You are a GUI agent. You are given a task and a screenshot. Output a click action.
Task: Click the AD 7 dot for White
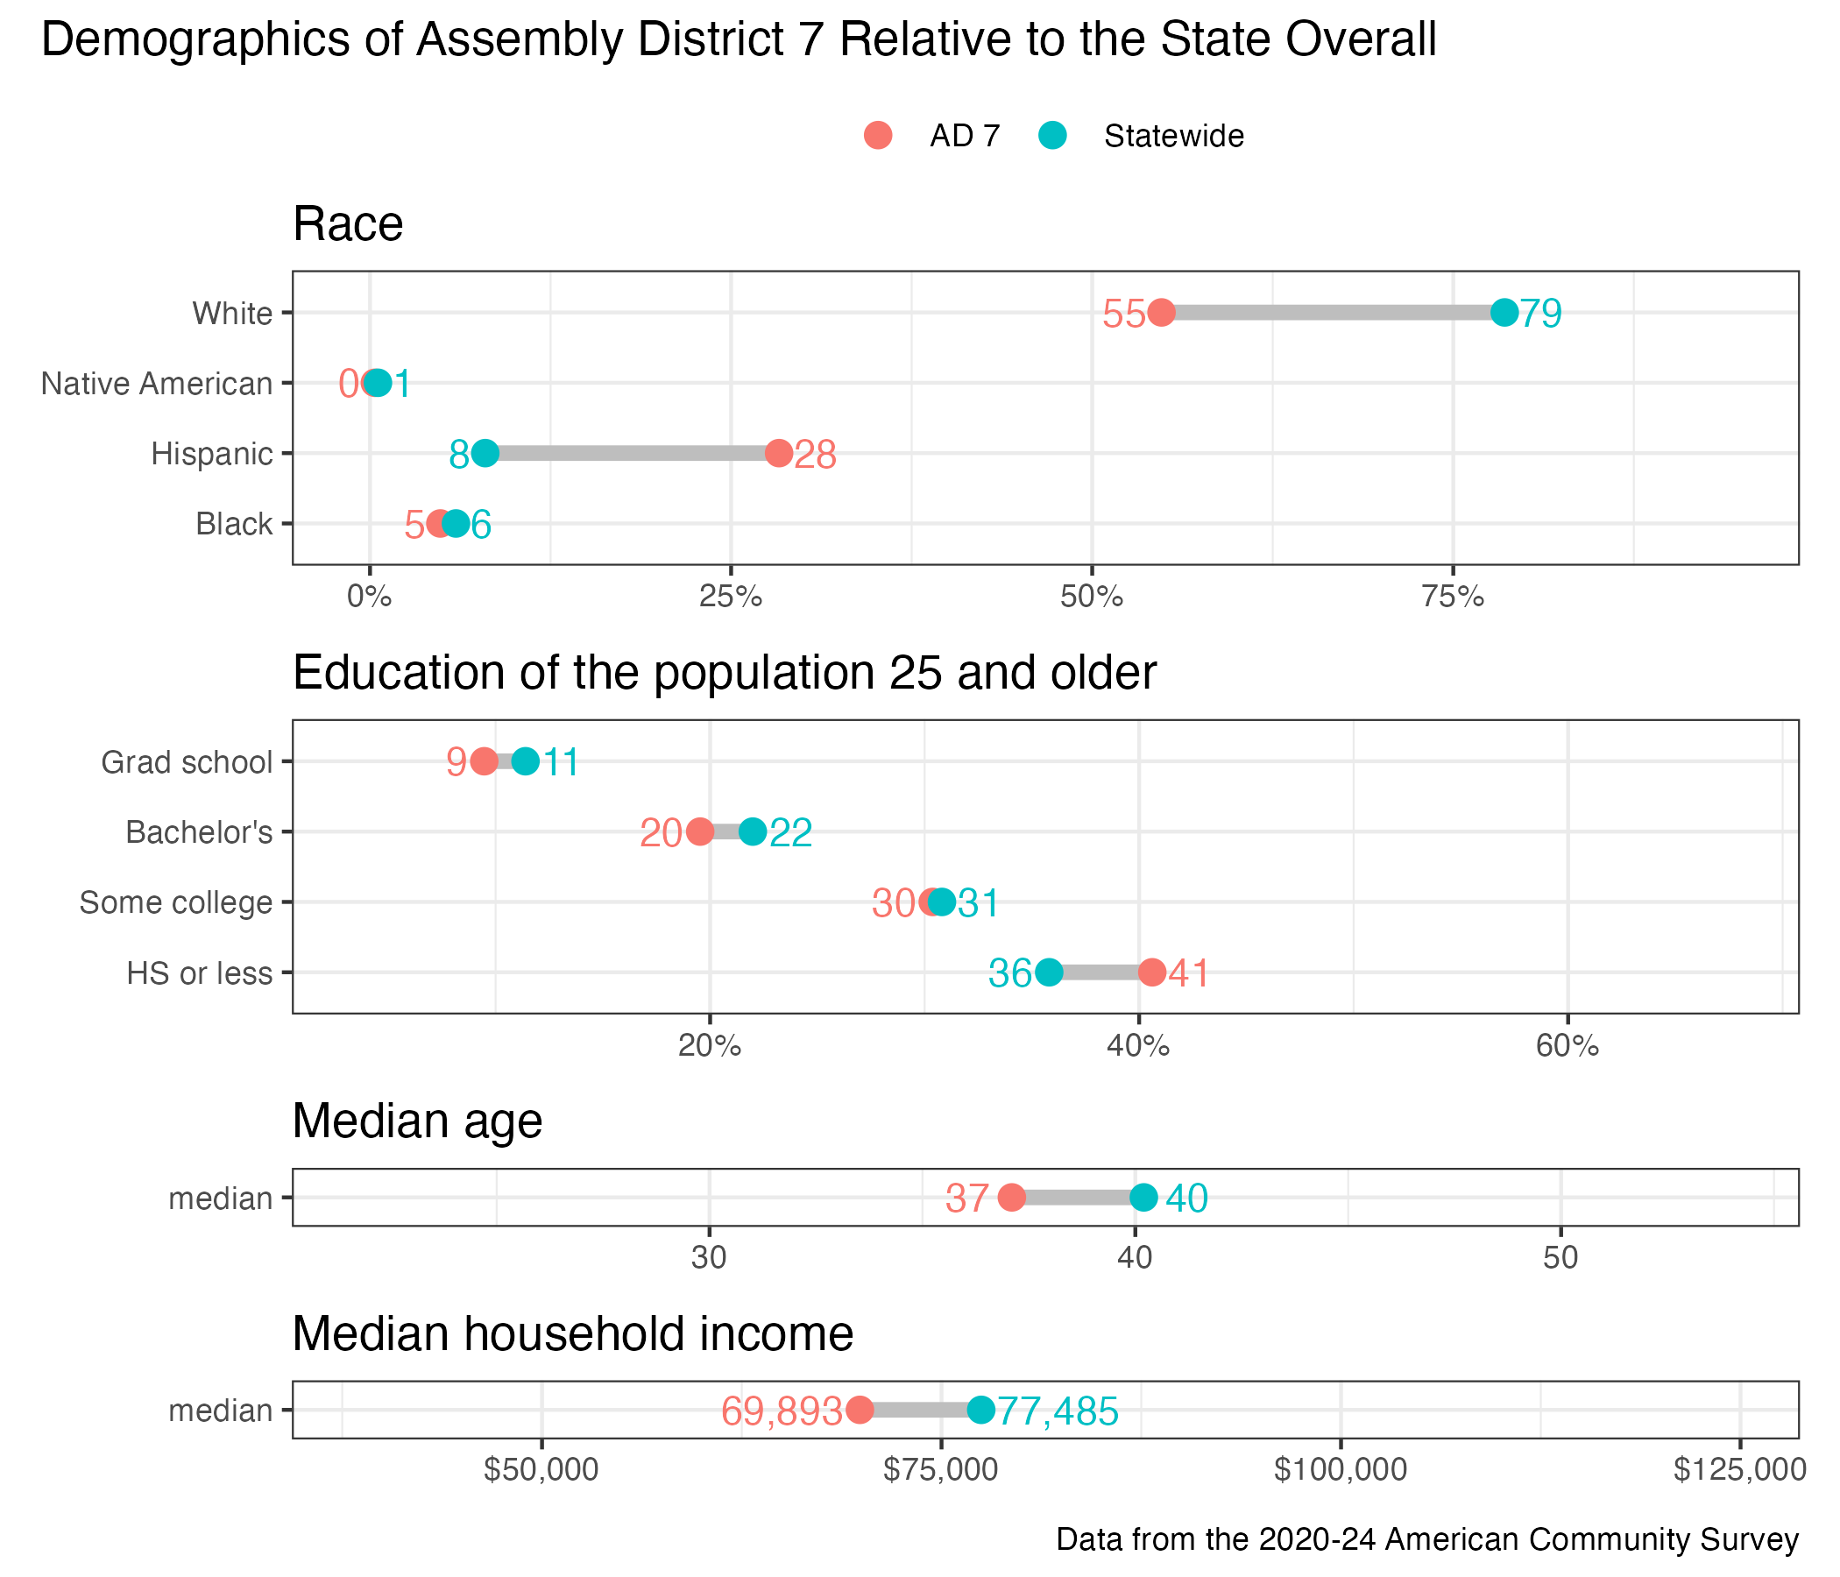coord(1161,313)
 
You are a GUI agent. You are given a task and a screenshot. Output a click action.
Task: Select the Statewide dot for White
coord(1504,313)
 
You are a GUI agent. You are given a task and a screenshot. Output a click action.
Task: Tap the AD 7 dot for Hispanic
coord(779,453)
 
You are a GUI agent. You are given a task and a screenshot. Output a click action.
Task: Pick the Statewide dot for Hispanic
coord(485,453)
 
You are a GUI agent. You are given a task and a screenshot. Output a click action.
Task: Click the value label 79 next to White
coord(1540,314)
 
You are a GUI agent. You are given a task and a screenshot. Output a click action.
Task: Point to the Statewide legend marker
coord(1052,135)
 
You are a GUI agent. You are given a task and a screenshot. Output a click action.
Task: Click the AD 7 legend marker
coord(877,135)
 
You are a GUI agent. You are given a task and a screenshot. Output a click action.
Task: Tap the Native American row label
coord(157,384)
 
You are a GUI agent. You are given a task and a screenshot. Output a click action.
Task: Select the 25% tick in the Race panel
coord(731,597)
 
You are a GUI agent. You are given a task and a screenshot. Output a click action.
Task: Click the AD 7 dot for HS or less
coord(1152,972)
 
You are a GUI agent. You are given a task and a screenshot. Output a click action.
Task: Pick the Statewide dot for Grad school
coord(526,761)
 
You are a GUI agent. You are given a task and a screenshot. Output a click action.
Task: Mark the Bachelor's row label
coord(199,832)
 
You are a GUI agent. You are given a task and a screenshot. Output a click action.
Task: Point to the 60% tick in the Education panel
coord(1568,1046)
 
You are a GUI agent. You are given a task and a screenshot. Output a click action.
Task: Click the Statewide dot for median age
coord(1143,1197)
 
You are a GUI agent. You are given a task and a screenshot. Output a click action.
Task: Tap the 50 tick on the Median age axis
coord(1560,1258)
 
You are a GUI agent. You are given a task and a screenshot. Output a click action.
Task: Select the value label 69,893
coord(782,1411)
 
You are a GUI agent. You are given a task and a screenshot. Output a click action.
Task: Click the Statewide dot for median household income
coord(980,1409)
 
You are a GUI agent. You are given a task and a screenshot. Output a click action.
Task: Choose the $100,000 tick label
coord(1340,1470)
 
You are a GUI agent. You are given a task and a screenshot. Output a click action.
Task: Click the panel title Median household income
coord(573,1333)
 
